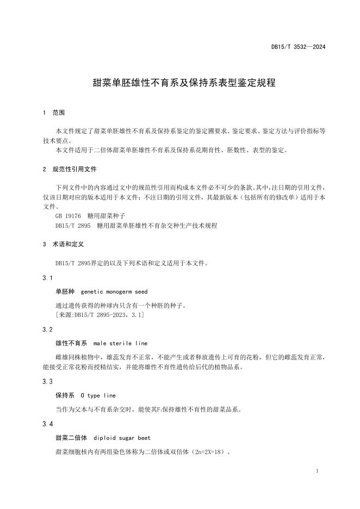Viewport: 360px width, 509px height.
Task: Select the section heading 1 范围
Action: (53, 113)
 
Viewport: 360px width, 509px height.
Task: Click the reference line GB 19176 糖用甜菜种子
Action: (85, 216)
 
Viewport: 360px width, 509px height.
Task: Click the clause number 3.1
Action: (47, 278)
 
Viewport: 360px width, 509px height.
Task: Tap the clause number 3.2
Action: (47, 330)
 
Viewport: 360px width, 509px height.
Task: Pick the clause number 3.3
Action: (47, 382)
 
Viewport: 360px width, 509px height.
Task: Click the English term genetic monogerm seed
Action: (114, 292)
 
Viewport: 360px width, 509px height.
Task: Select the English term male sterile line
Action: (120, 343)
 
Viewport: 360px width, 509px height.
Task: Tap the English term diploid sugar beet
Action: (122, 437)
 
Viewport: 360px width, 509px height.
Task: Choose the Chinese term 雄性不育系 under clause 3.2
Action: (71, 343)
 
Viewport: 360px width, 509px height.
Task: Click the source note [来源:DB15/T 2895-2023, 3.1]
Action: (99, 315)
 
